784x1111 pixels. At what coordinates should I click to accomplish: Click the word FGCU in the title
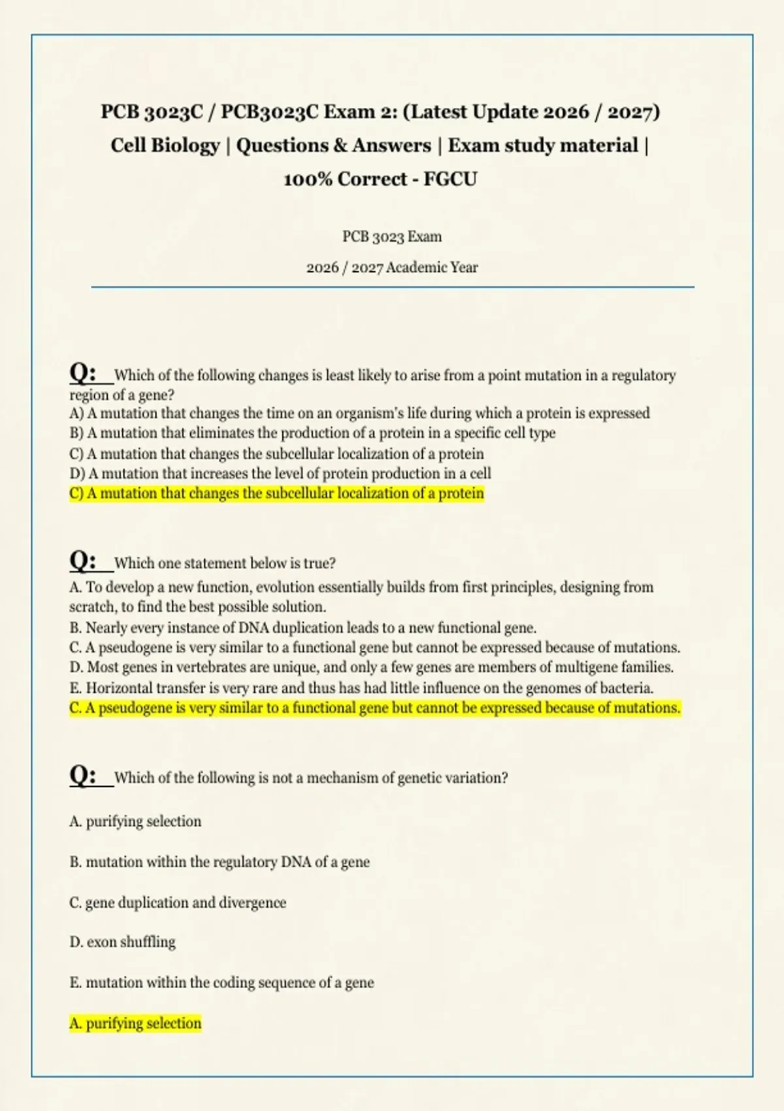tap(450, 179)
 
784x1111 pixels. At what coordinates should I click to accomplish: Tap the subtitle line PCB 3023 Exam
tap(392, 237)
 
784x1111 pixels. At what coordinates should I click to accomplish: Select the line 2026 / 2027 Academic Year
tap(392, 267)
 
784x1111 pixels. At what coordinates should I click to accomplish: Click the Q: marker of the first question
tap(84, 373)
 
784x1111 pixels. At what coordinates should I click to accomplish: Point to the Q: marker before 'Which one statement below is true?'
tap(84, 561)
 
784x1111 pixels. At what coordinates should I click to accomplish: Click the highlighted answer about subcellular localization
tap(276, 493)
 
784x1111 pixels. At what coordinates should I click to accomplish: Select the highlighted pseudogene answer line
tap(374, 708)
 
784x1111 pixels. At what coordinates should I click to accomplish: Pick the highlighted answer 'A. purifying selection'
tap(135, 1023)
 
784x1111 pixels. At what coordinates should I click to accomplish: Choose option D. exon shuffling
tap(122, 942)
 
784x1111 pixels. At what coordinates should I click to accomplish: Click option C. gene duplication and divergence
tap(178, 903)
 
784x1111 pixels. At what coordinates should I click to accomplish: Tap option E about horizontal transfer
tap(361, 688)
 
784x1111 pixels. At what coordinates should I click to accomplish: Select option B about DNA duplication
tap(302, 628)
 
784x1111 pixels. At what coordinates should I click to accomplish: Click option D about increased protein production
tap(280, 474)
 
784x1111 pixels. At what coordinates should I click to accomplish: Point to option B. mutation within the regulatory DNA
tap(220, 862)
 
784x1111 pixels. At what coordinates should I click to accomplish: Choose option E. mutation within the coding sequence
tap(221, 983)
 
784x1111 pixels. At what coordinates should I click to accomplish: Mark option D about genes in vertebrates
tap(371, 667)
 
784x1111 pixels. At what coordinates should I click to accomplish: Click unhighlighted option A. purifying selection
tap(135, 821)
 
